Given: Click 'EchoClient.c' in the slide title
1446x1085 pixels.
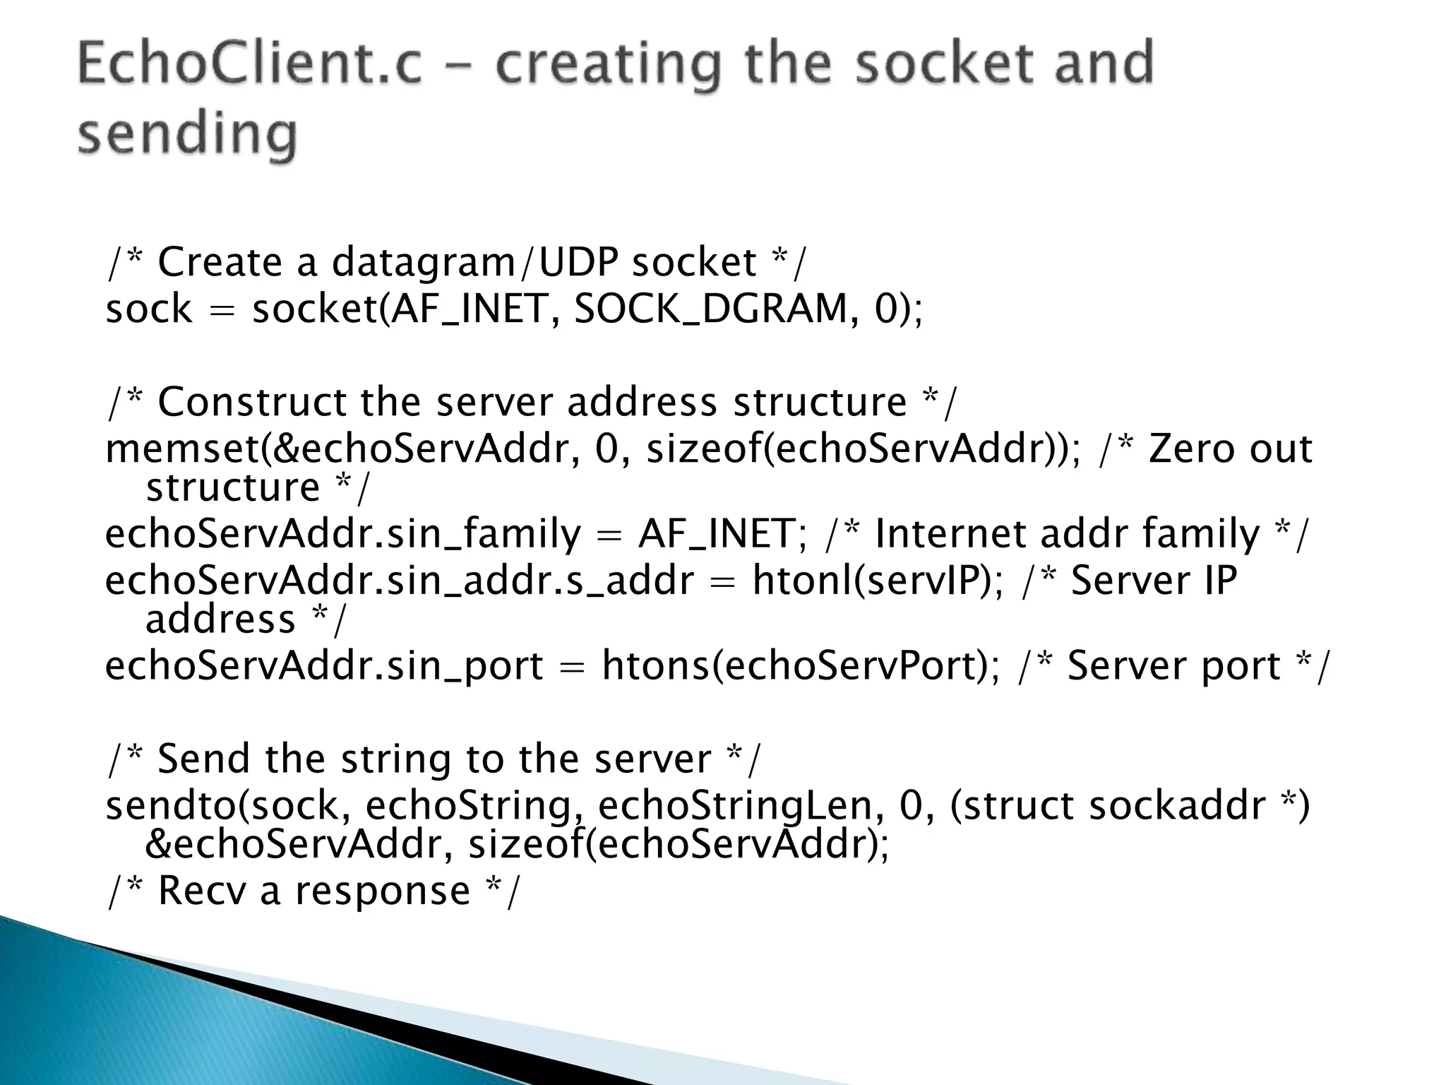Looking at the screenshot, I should [x=251, y=64].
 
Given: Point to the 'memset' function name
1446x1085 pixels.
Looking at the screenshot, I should [x=182, y=449].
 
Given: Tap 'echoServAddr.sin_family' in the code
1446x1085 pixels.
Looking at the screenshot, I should [x=342, y=534].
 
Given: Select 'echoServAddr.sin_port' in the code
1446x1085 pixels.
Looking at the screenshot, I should [x=324, y=665].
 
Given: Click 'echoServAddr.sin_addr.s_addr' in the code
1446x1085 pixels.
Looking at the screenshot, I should [x=400, y=581].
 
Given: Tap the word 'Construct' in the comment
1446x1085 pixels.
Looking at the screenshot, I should [x=252, y=402].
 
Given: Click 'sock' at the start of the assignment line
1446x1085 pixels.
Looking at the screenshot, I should [x=148, y=309].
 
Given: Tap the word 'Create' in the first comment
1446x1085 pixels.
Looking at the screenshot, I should [x=220, y=262].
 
